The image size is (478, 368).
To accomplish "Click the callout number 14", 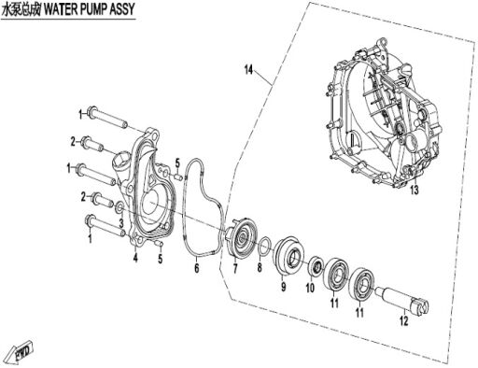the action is tap(248, 70).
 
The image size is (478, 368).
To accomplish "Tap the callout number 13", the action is tap(415, 190).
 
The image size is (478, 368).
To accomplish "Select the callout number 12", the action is tap(403, 320).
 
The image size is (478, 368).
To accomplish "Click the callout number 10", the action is tap(310, 288).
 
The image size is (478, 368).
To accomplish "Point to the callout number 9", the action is tap(283, 287).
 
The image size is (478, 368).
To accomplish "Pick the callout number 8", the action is tap(260, 267).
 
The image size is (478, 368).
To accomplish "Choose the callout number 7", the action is tap(235, 268).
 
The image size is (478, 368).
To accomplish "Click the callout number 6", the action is tap(196, 268).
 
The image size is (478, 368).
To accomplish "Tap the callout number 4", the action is tap(135, 258).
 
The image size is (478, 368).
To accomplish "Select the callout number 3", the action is tap(121, 223).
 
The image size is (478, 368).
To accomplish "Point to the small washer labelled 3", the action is tap(119, 208).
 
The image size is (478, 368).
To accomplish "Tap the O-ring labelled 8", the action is tap(264, 248).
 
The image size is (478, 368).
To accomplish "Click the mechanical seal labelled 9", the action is tap(288, 256).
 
